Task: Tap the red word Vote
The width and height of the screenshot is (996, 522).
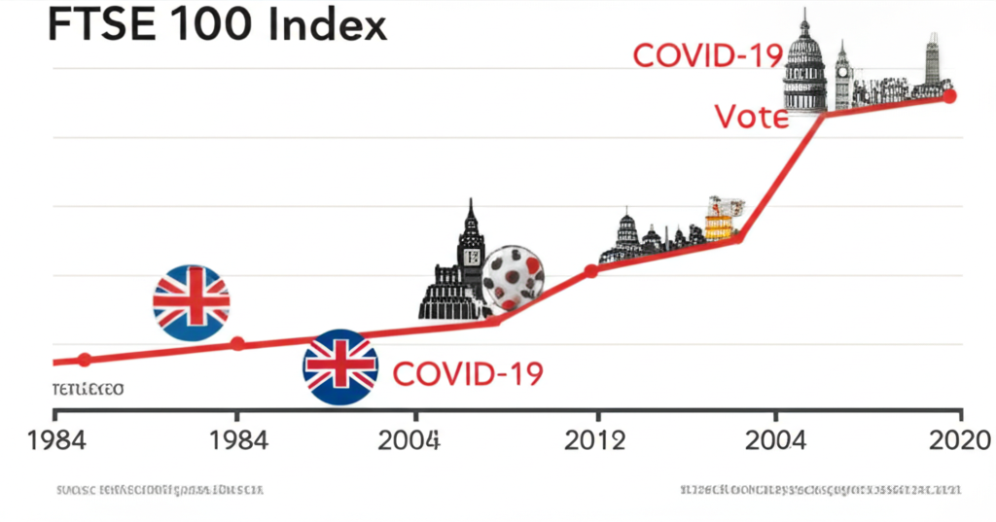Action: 751,117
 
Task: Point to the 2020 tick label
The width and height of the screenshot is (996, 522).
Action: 958,440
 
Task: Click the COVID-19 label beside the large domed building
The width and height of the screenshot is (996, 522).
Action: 707,54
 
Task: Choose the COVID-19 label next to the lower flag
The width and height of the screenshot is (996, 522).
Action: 467,373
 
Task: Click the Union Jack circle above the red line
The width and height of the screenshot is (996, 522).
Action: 192,302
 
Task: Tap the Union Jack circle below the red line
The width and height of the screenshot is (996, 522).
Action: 340,367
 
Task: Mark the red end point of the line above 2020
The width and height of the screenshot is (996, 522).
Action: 950,95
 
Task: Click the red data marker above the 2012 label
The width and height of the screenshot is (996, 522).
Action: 590,271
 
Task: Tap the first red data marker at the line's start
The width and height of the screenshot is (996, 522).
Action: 85,360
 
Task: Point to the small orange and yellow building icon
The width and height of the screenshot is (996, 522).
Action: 723,218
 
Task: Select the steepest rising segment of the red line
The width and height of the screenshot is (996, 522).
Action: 781,176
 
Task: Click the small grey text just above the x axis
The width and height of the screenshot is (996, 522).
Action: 88,390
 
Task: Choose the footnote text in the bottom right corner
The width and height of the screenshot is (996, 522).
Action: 821,489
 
